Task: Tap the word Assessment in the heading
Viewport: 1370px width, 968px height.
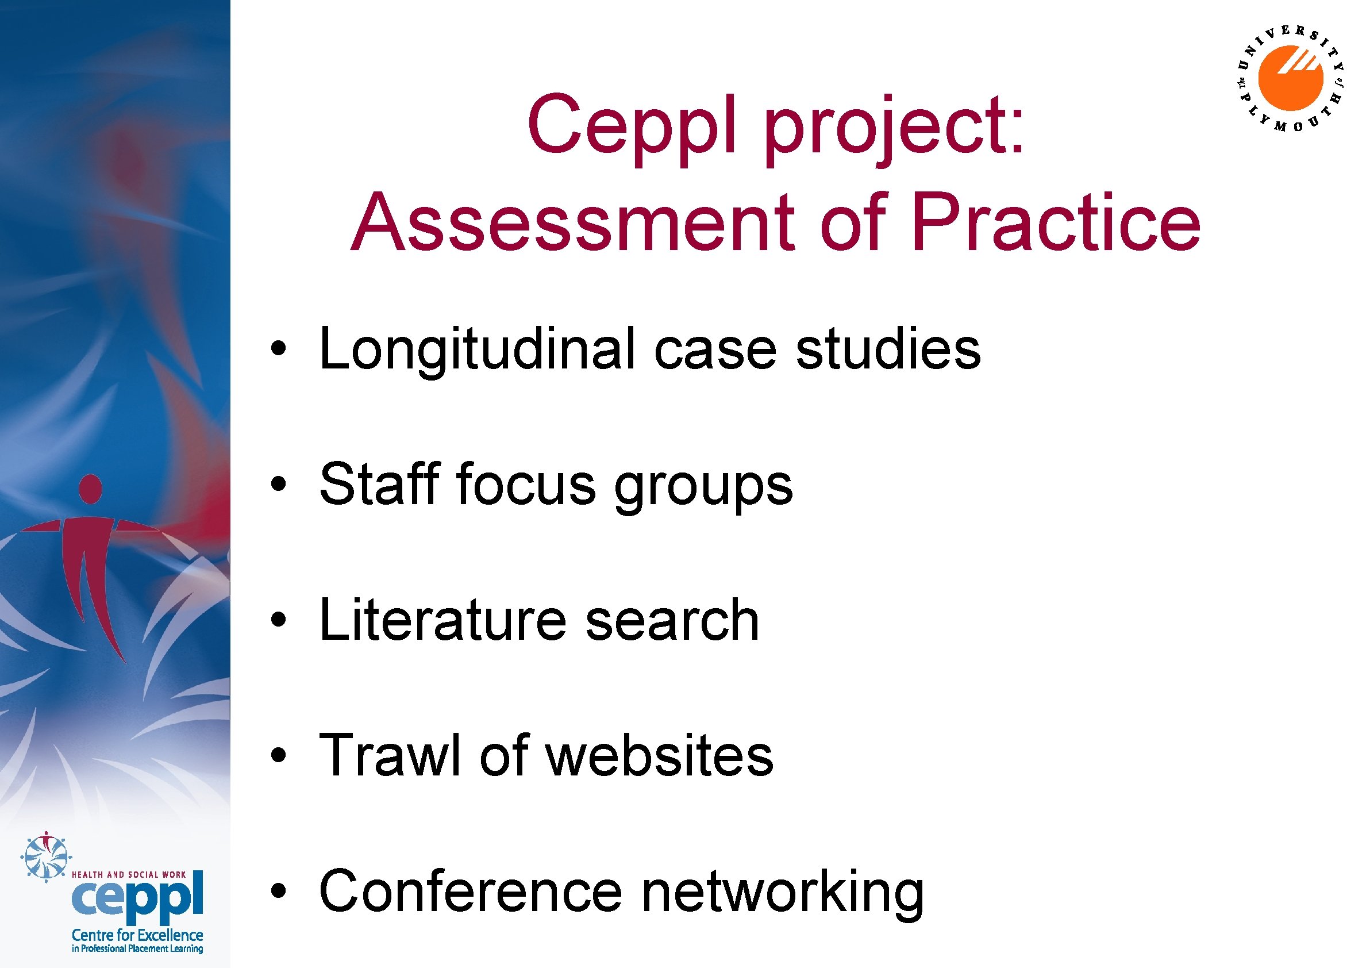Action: click(x=574, y=224)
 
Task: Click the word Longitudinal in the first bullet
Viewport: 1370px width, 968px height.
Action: click(x=477, y=351)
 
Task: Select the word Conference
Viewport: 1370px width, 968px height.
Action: click(x=471, y=890)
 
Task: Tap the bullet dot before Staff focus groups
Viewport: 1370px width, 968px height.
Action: click(x=277, y=485)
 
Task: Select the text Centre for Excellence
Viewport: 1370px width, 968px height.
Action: click(x=137, y=935)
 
